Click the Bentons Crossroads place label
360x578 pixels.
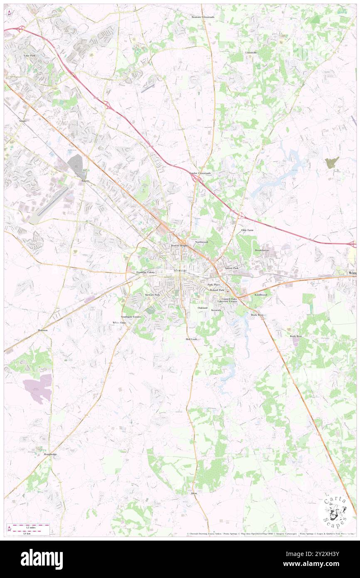click(x=202, y=17)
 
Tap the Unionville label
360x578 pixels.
click(x=251, y=53)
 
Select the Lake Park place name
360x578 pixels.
click(x=30, y=55)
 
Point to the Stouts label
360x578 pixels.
click(x=22, y=121)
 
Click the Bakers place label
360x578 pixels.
click(x=86, y=181)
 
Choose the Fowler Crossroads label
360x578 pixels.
click(x=200, y=173)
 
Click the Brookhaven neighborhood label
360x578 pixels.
click(x=262, y=250)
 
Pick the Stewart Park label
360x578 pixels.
click(x=152, y=294)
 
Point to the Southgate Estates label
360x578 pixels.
click(x=131, y=317)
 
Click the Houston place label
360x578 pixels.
click(x=42, y=330)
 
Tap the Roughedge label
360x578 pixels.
click(x=50, y=454)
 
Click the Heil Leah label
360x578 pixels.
click(x=192, y=339)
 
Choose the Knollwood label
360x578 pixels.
click(x=261, y=294)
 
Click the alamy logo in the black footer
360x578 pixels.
click(x=42, y=559)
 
